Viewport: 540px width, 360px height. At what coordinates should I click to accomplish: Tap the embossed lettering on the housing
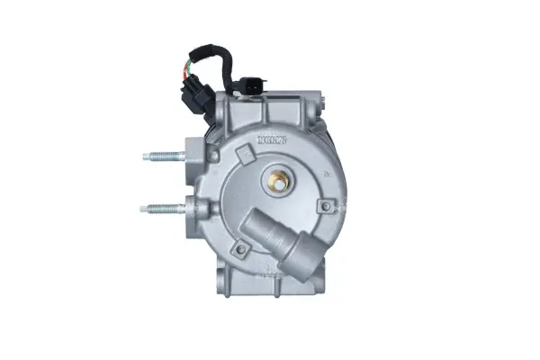pos(271,139)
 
